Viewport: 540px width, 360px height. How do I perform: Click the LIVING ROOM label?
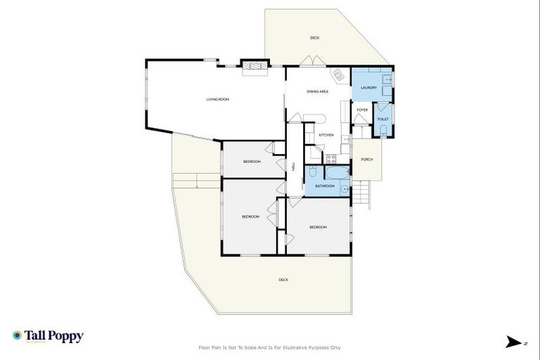point(217,99)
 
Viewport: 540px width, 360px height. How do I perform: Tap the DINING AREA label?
point(317,92)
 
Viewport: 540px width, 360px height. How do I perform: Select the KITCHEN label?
point(326,134)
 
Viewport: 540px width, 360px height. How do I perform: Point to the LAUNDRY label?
point(368,88)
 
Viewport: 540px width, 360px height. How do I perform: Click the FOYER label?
point(362,110)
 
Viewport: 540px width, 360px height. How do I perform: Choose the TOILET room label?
point(382,120)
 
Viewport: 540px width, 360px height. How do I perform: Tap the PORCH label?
point(366,160)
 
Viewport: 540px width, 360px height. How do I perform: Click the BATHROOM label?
point(324,186)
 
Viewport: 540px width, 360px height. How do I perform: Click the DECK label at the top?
point(314,37)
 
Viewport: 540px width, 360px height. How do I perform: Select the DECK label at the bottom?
point(283,280)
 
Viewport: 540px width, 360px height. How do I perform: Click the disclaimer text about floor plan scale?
point(270,347)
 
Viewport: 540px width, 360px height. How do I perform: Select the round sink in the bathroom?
point(345,188)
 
